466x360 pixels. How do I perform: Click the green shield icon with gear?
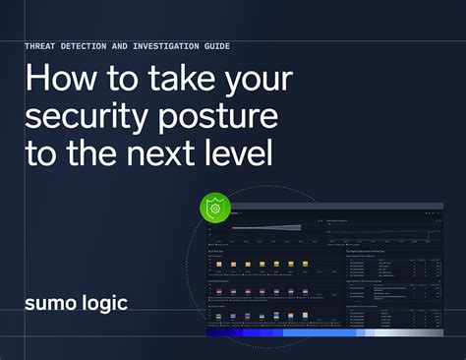(216, 210)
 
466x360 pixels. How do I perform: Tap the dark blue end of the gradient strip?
(216, 332)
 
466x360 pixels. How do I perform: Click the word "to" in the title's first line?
(114, 81)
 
